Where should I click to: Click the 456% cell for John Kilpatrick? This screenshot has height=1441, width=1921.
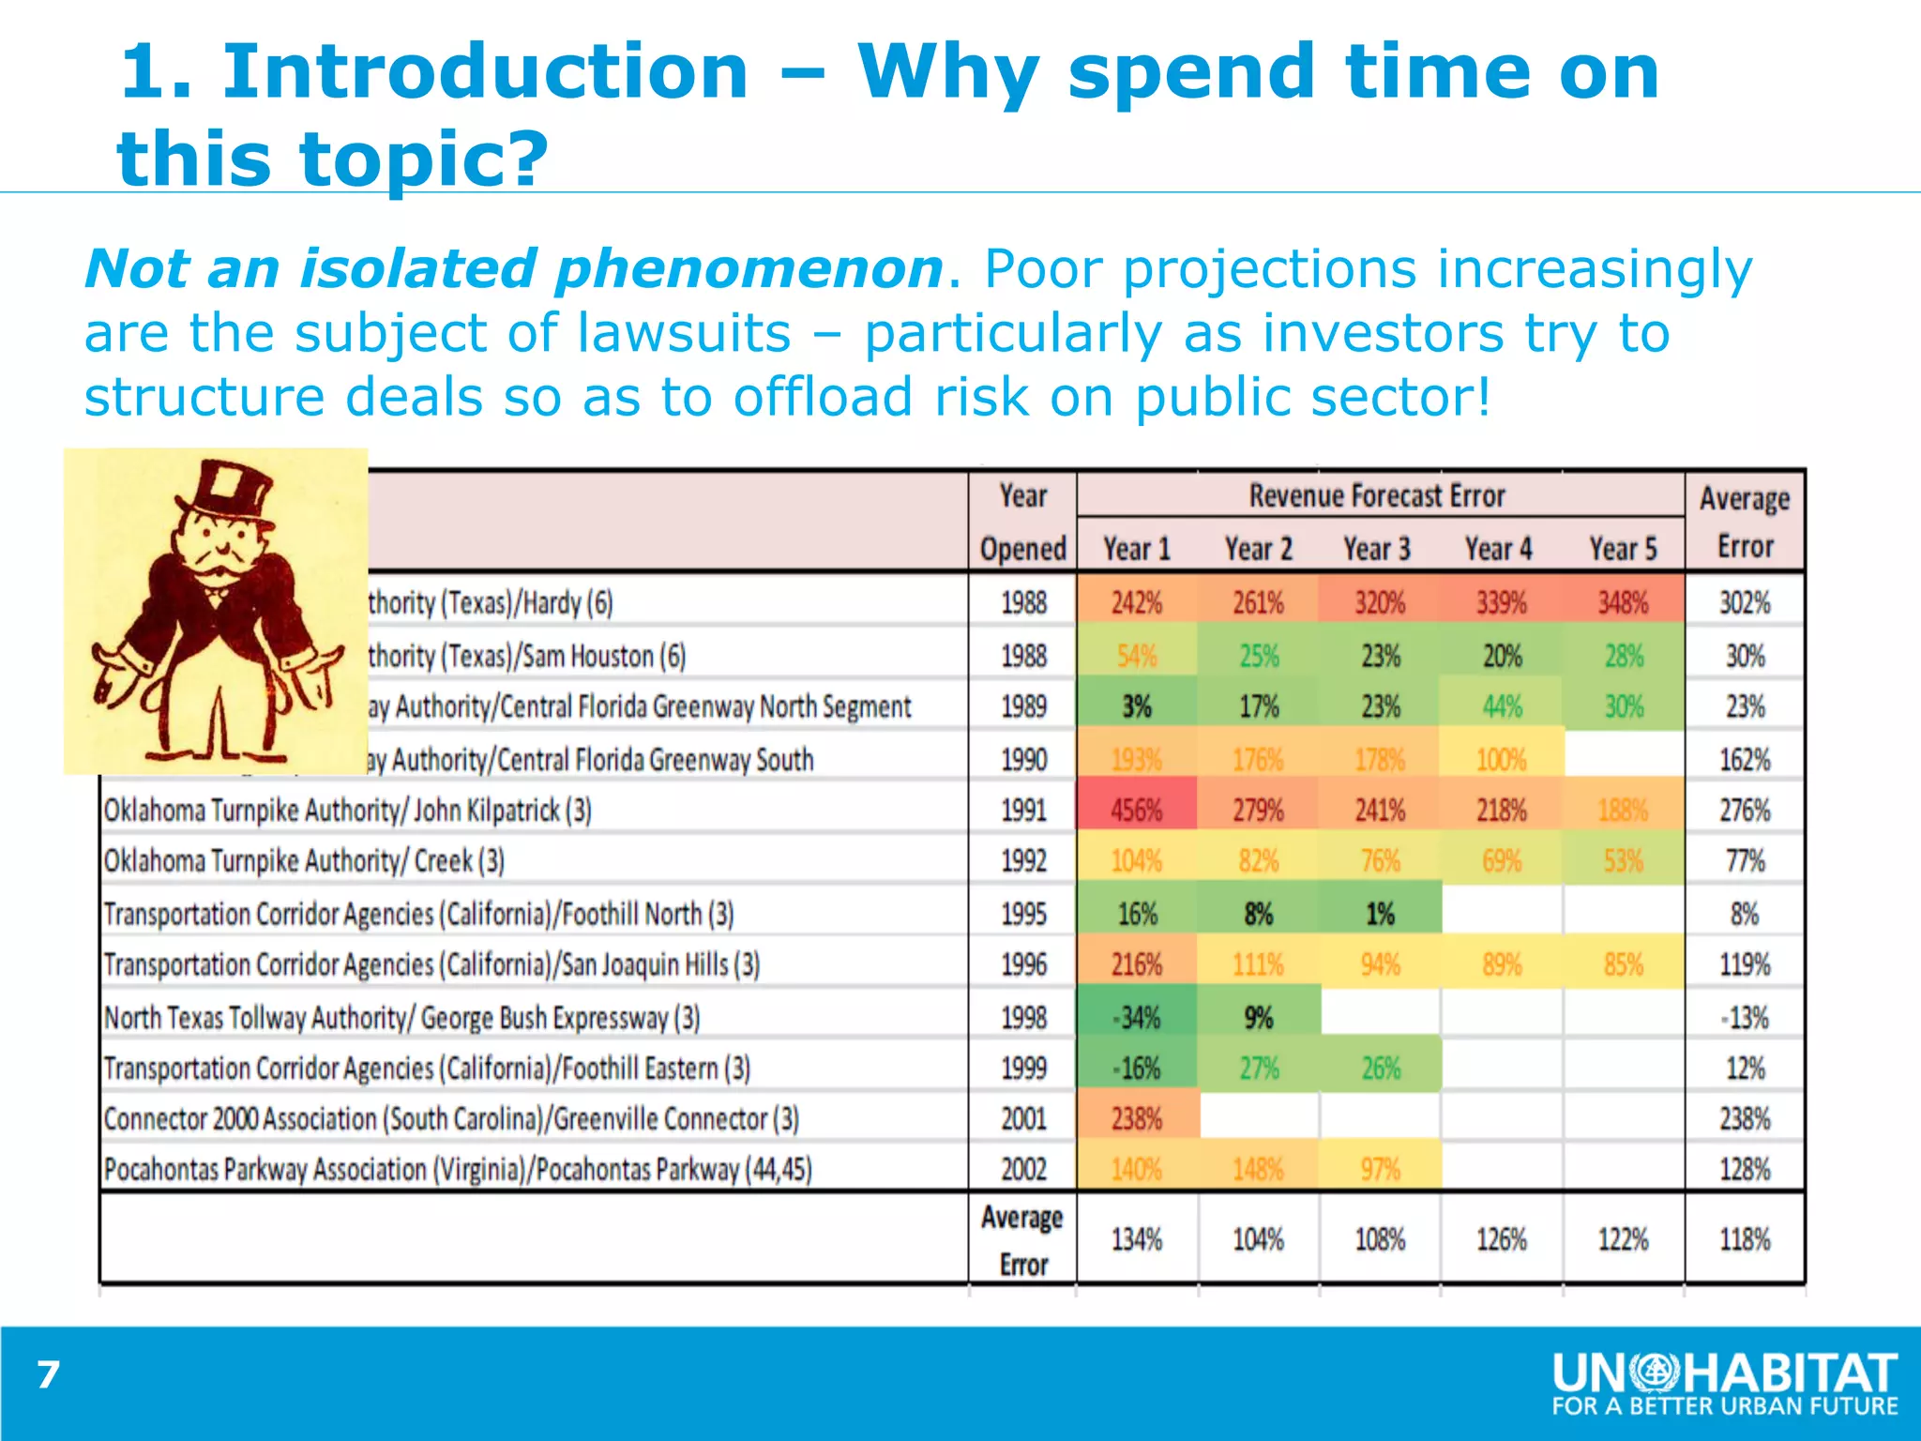1136,810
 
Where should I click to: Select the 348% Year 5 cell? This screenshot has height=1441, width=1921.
1623,602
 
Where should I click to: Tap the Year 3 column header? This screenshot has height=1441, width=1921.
1377,549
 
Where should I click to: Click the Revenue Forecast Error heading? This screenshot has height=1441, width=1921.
1377,495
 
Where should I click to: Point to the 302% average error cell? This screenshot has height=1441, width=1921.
1745,602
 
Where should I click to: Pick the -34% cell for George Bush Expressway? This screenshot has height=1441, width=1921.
1136,1017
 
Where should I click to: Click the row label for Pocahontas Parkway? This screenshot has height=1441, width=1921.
458,1170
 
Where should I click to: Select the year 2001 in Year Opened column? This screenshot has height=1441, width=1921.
1022,1118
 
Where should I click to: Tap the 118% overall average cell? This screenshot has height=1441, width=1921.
1745,1239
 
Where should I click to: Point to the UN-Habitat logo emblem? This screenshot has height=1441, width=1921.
1656,1374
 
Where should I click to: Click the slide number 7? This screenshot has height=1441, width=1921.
48,1375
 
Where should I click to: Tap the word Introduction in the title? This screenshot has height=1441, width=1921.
485,71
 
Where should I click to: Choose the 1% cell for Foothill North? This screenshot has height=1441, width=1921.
1379,914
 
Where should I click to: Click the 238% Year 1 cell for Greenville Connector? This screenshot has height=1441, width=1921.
1136,1118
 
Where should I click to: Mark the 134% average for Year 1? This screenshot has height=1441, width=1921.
1136,1239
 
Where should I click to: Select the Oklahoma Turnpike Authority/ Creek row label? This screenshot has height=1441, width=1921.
304,861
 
